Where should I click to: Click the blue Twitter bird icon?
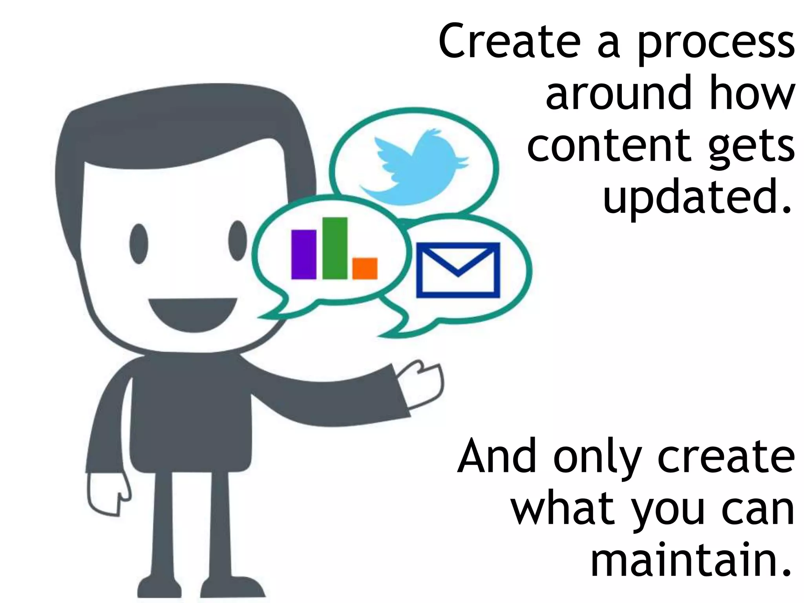(x=414, y=167)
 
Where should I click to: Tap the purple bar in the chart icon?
(x=303, y=254)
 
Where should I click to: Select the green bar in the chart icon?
(x=335, y=248)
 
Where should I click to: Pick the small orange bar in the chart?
(x=365, y=268)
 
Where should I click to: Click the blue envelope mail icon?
(x=458, y=270)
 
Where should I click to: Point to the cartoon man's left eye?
(x=139, y=243)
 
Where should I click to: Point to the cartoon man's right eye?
(x=238, y=240)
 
